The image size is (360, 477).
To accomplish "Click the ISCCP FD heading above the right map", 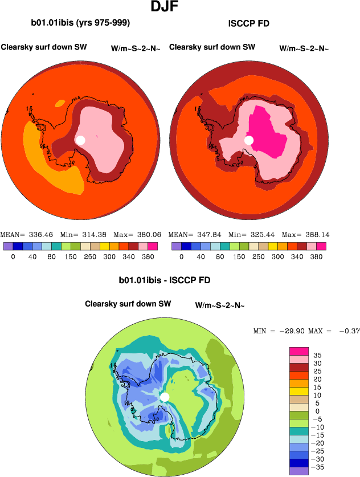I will tap(248, 24).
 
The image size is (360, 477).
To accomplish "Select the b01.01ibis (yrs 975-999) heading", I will tap(80, 23).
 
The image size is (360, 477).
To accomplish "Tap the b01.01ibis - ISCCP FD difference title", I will tap(165, 280).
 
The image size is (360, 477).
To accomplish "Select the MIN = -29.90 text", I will tap(279, 331).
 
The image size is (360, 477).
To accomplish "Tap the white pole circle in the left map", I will tap(80, 140).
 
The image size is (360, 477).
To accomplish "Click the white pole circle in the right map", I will tap(249, 140).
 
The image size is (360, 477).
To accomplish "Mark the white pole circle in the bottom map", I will tap(165, 397).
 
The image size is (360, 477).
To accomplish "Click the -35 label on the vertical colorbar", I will tap(318, 467).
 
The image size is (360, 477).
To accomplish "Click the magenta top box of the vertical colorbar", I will tap(298, 351).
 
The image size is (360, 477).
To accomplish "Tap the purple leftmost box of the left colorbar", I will tap(7, 246).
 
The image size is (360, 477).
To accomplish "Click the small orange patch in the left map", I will tap(60, 104).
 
